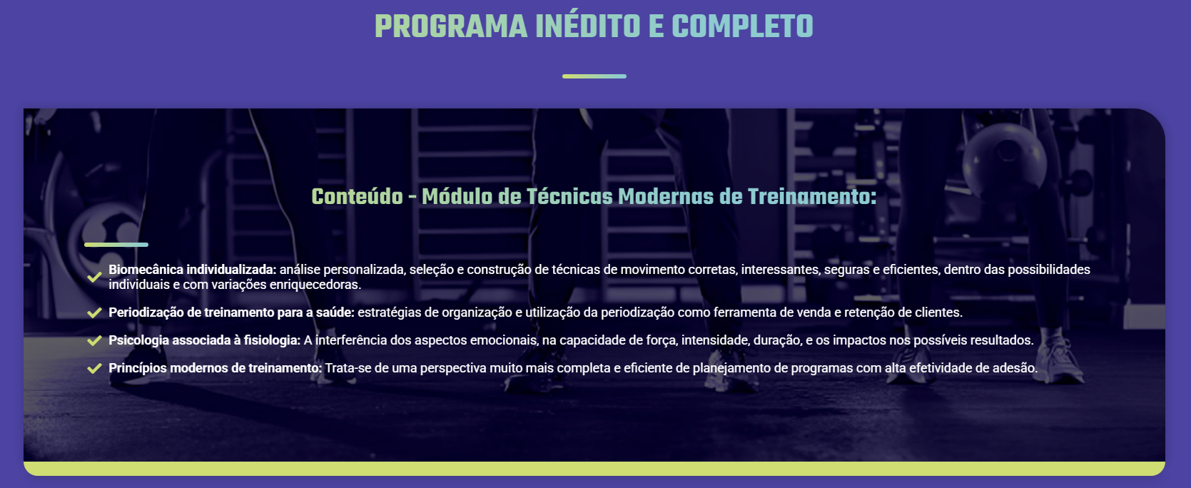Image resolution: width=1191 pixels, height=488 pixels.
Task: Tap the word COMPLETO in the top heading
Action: coord(742,26)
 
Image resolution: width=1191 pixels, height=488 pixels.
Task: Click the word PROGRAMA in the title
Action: coord(451,26)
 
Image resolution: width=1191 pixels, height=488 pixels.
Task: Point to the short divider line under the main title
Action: coord(594,76)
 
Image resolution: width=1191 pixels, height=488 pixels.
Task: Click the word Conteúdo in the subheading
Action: coord(358,196)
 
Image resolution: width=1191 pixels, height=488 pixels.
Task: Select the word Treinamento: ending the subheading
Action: coord(812,196)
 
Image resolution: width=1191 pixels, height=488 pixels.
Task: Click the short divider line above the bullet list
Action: coord(116,245)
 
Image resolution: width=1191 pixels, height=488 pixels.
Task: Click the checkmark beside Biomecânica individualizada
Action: coord(94,277)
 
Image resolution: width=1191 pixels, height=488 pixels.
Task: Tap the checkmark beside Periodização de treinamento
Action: coord(94,312)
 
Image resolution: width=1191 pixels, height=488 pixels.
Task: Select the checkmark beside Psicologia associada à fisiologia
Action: coord(94,340)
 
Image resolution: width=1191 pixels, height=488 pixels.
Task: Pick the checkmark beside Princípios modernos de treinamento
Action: coord(94,368)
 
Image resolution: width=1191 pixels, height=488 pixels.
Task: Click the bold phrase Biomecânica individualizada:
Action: coord(193,270)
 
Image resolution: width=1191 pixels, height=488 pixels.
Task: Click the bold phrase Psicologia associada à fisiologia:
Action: coord(205,340)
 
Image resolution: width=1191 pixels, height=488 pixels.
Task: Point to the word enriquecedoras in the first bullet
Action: coord(315,285)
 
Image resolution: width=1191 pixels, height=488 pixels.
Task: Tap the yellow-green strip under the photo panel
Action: coord(594,469)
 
